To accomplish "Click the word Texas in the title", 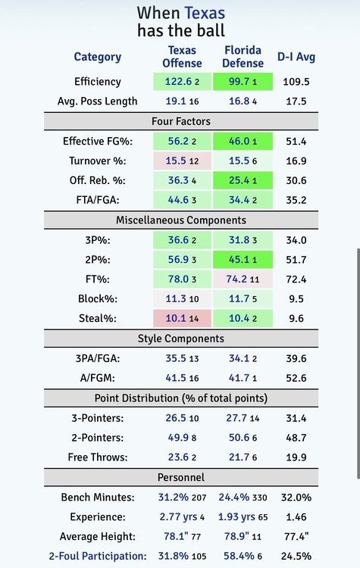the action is pyautogui.click(x=205, y=13).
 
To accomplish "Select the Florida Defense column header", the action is pyautogui.click(x=243, y=57).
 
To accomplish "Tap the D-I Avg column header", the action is pyautogui.click(x=296, y=57).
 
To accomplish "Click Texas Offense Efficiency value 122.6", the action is pyautogui.click(x=178, y=82).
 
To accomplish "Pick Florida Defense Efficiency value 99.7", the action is pyautogui.click(x=239, y=82).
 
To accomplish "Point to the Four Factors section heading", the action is pyautogui.click(x=181, y=121).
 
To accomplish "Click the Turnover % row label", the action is pyautogui.click(x=98, y=161).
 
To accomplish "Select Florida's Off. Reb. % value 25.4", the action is pyautogui.click(x=239, y=180).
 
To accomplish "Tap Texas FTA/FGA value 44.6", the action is pyautogui.click(x=178, y=200).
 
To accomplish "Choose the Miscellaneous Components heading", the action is pyautogui.click(x=181, y=220).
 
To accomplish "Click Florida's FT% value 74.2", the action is pyautogui.click(x=236, y=279).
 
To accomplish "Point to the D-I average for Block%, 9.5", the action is pyautogui.click(x=296, y=299).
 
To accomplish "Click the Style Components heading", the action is pyautogui.click(x=181, y=339).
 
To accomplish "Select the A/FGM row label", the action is pyautogui.click(x=98, y=378).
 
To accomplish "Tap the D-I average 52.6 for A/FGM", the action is pyautogui.click(x=296, y=378).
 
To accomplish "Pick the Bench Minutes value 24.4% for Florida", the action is pyautogui.click(x=234, y=497).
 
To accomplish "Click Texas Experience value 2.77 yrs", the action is pyautogui.click(x=178, y=517).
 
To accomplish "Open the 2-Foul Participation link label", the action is pyautogui.click(x=98, y=556).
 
